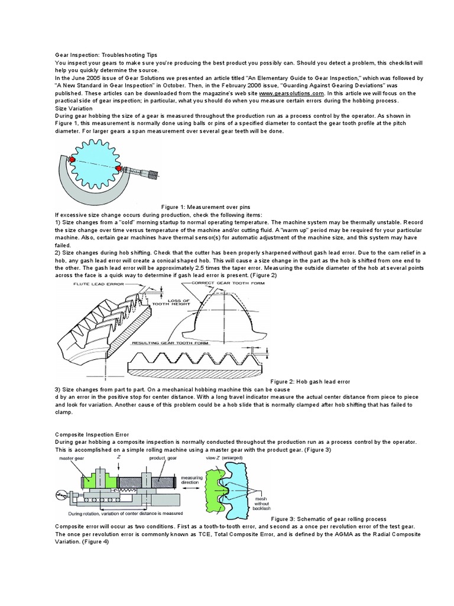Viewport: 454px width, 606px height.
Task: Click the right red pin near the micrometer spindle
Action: click(x=120, y=169)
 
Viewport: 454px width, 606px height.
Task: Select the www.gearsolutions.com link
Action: click(x=291, y=94)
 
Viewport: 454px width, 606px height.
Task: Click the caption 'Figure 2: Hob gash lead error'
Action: click(x=310, y=382)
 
